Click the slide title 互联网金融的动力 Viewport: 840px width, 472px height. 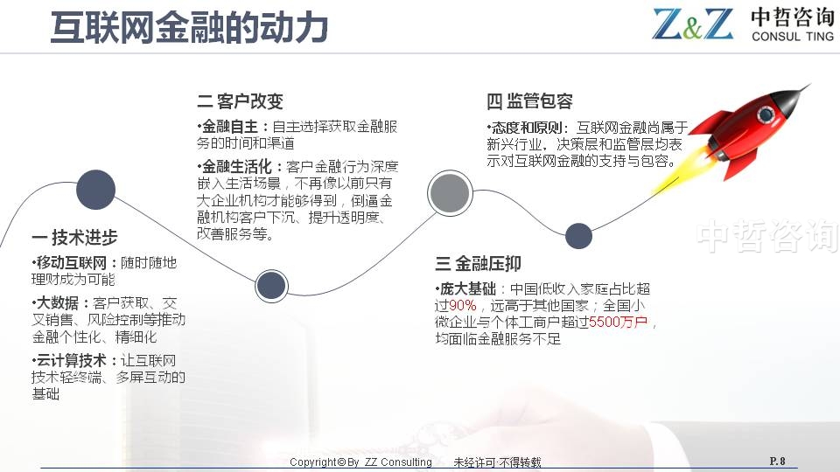(189, 27)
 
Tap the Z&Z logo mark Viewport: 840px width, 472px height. (693, 24)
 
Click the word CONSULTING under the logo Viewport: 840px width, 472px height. (793, 37)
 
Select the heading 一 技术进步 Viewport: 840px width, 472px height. (74, 237)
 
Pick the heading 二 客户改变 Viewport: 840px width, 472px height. (240, 101)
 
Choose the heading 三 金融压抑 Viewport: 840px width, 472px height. (478, 263)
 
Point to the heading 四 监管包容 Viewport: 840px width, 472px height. (530, 101)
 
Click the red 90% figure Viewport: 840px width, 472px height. (462, 306)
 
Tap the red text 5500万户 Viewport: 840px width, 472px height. (619, 323)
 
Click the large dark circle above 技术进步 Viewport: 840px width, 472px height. (96, 190)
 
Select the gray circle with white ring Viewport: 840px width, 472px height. (450, 192)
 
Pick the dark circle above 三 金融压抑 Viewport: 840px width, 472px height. (578, 236)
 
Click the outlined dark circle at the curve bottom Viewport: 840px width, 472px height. (271, 285)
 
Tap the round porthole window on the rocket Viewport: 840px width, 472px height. (765, 114)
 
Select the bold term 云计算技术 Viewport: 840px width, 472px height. (71, 361)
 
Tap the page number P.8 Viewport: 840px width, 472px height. (777, 461)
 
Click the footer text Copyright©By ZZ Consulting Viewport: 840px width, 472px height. (360, 462)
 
